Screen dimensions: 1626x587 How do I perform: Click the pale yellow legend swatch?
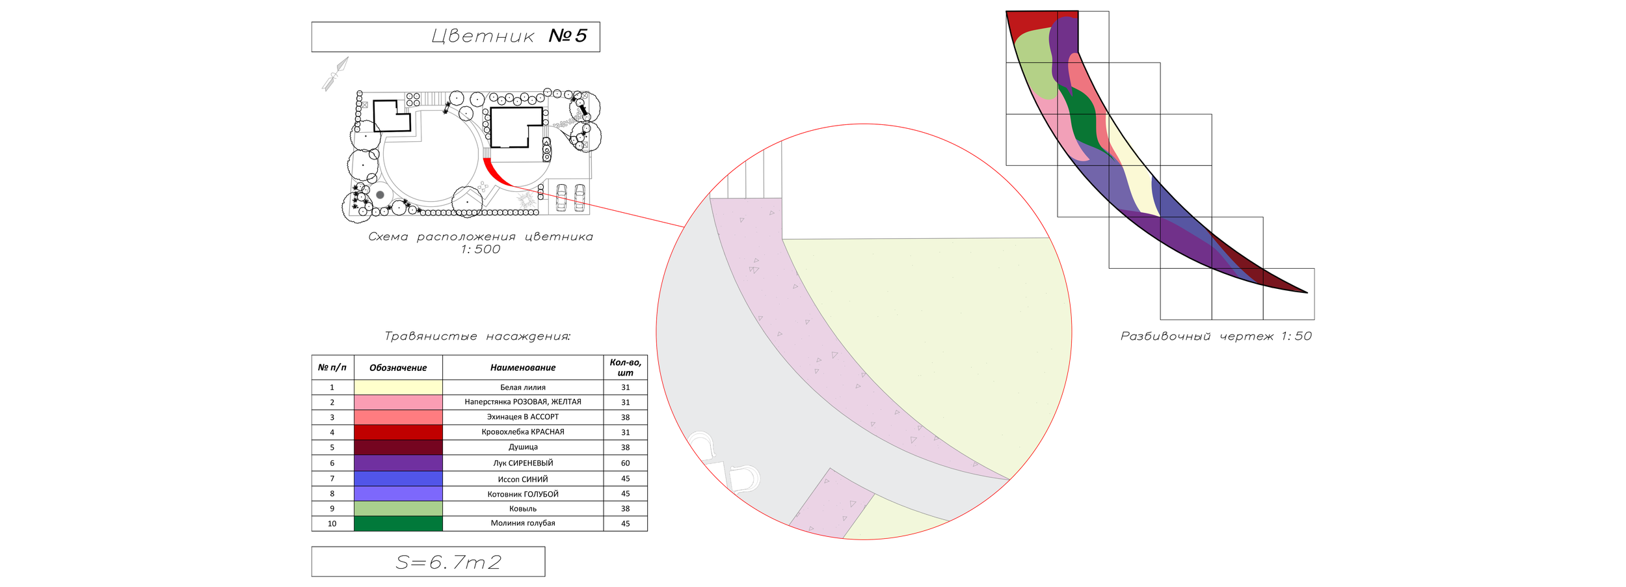(398, 387)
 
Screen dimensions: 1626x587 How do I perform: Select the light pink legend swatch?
(398, 402)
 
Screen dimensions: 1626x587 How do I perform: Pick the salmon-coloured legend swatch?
(398, 417)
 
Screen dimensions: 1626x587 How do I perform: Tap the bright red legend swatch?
(398, 432)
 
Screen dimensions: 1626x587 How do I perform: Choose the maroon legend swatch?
(398, 448)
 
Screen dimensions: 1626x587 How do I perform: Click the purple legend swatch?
(398, 463)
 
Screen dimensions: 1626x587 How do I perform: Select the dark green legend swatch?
(398, 523)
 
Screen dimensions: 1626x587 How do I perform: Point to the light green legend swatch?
(398, 508)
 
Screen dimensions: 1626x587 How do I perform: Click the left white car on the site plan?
(561, 198)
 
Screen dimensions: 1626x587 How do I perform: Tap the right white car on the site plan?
(578, 198)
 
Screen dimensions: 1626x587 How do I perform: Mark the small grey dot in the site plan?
(380, 195)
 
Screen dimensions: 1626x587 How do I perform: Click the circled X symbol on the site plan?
(584, 96)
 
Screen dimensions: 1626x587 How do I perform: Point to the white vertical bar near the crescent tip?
(1323, 310)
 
